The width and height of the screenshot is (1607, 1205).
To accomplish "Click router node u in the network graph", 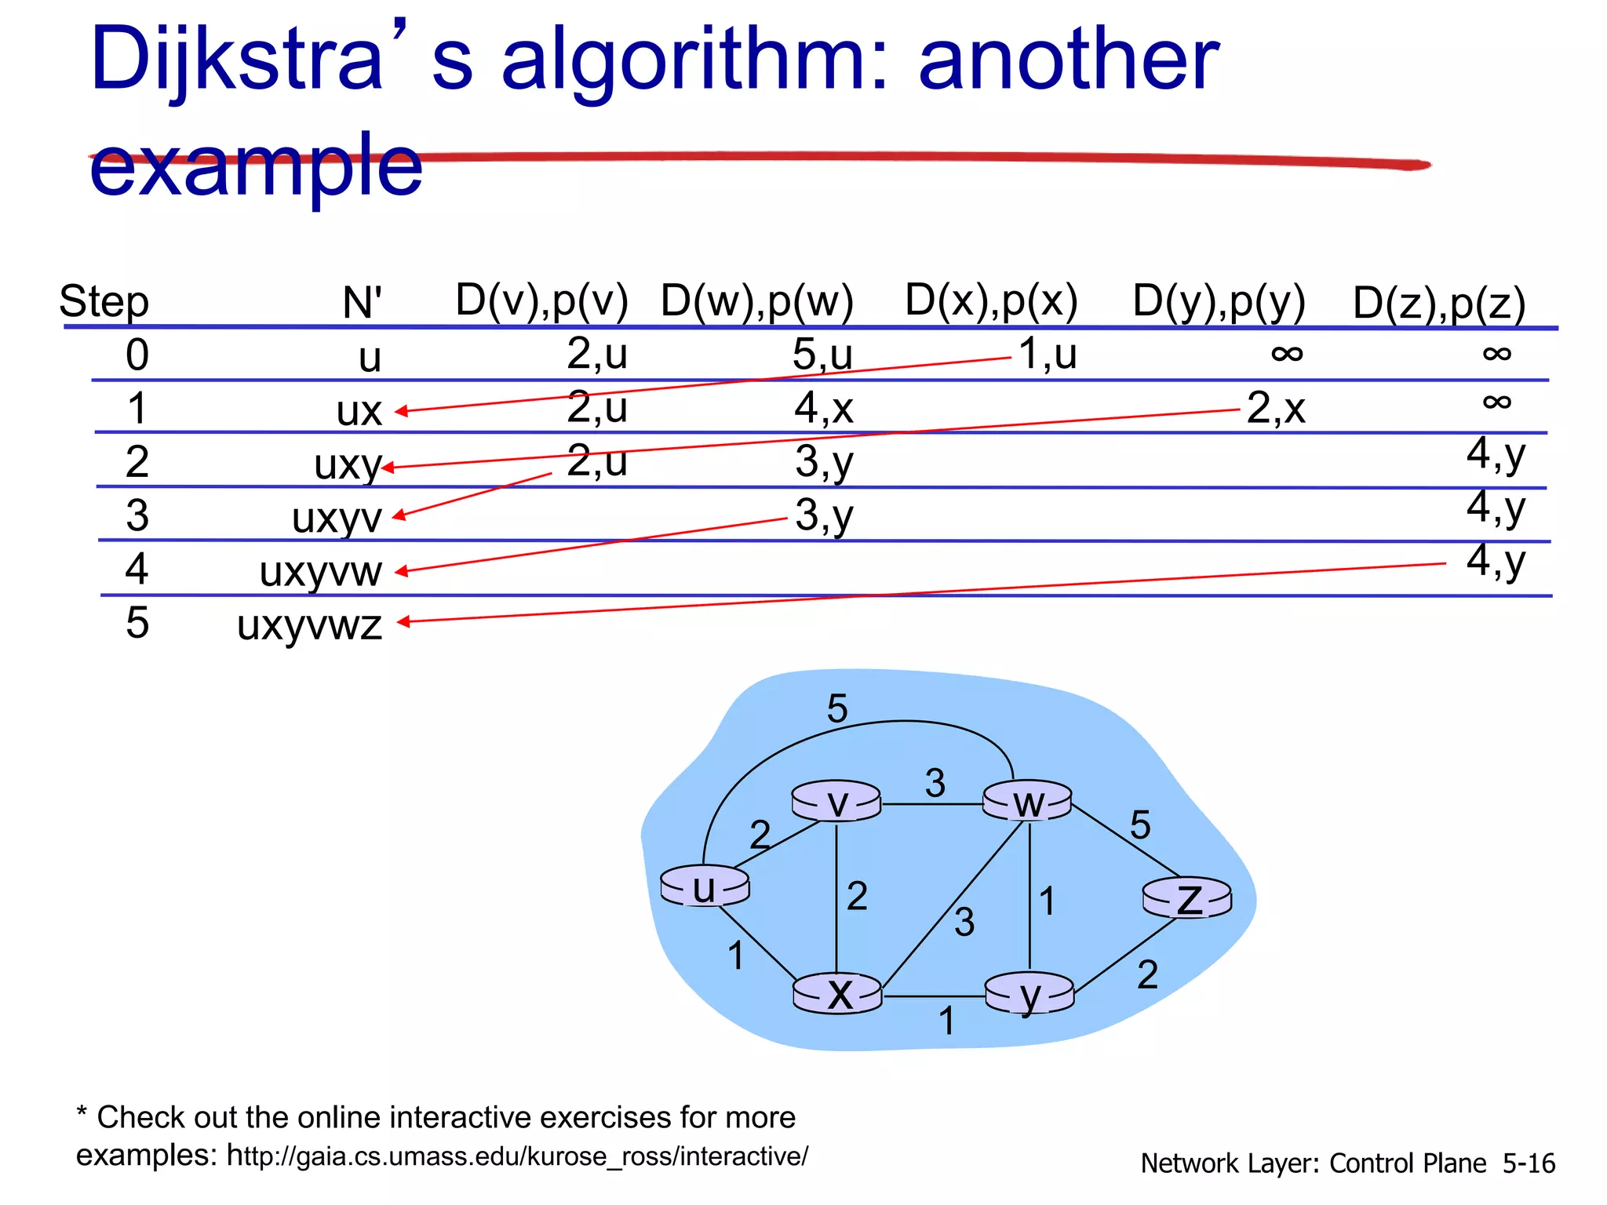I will [x=705, y=887].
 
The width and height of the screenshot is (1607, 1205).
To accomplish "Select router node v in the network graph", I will [x=836, y=802].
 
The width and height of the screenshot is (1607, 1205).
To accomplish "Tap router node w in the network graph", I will [x=1027, y=802].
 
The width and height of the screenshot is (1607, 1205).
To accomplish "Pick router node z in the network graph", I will [x=1187, y=898].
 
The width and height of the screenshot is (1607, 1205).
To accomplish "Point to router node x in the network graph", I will [x=838, y=994].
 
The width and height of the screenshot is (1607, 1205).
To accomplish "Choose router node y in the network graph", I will [x=1029, y=994].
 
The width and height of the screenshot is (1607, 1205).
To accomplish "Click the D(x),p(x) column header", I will [x=991, y=300].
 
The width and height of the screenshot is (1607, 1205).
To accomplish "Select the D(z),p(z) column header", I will [x=1439, y=304].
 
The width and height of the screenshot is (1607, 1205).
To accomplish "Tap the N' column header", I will [x=362, y=303].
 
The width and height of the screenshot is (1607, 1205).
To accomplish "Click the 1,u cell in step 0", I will [x=1048, y=355].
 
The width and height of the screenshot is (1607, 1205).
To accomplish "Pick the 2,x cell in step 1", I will [x=1276, y=409].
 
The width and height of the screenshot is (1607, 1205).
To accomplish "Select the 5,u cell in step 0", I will [x=822, y=355].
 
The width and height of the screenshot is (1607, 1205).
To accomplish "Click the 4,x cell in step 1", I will [x=823, y=409].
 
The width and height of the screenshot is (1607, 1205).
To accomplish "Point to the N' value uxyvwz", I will [x=309, y=625].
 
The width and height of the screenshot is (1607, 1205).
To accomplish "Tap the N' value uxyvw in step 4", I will [x=320, y=571].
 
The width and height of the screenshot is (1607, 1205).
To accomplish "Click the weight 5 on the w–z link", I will [x=1140, y=825].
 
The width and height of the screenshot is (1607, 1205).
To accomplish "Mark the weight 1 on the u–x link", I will [x=735, y=956].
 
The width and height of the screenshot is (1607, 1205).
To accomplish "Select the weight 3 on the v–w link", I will [x=935, y=783].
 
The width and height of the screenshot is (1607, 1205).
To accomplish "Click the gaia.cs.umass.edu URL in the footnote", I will [x=517, y=1156].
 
